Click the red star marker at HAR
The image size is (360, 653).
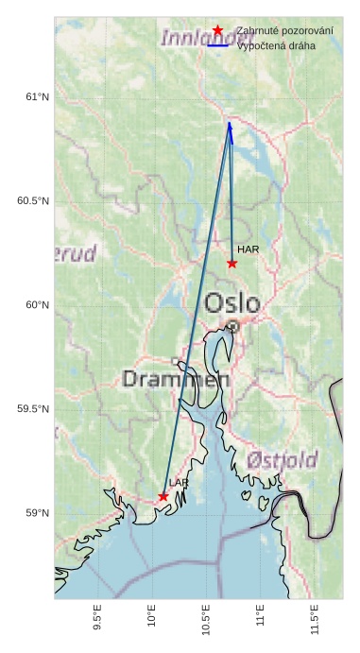coord(231,263)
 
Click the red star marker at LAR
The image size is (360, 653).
coord(163,496)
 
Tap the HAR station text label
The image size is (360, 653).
coord(248,249)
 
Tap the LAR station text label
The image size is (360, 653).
coord(179,483)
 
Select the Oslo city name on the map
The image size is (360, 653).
coord(232,303)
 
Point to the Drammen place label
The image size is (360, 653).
coord(177,379)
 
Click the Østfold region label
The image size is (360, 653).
coord(283,460)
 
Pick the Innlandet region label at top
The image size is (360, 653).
coord(195,39)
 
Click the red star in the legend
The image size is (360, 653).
coord(218,30)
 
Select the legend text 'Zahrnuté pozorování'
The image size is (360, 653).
coord(284,30)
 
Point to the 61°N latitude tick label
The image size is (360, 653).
coord(36,97)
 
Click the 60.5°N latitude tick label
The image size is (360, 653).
coord(32,201)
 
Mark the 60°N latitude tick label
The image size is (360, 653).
coord(36,305)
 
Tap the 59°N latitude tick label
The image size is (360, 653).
coord(36,513)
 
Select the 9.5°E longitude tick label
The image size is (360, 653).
coord(97,619)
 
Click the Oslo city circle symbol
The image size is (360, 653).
coord(232,327)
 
